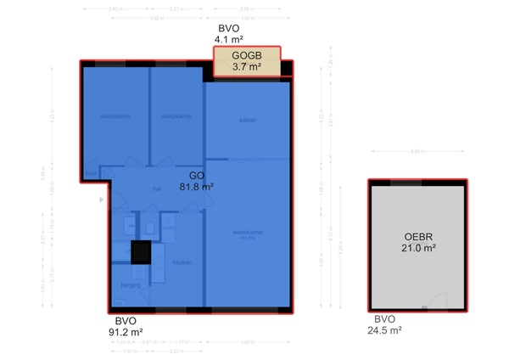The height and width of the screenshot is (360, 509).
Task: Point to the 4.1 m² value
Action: click(229, 39)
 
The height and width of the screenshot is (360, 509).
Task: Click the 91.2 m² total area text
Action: click(124, 332)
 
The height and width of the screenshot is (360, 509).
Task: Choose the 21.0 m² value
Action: click(418, 248)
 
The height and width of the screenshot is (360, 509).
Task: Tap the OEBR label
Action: click(418, 237)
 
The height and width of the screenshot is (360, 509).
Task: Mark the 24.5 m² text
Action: click(384, 331)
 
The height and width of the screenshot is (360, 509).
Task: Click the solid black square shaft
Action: click(141, 253)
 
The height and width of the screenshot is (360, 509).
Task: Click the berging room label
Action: click(130, 285)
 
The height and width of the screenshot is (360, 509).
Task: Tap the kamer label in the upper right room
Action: click(247, 121)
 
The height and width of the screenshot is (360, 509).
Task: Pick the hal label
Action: click(156, 189)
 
